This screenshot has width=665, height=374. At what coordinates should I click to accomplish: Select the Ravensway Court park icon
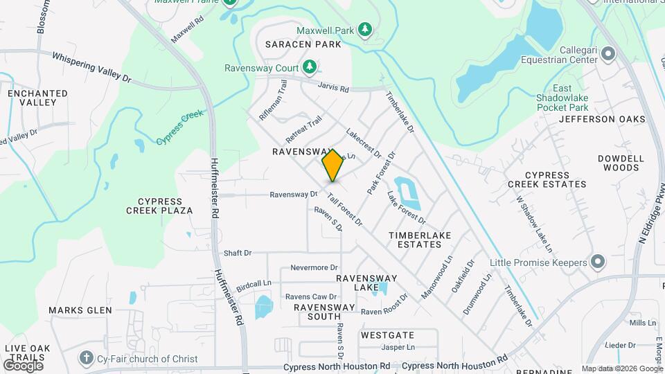311,67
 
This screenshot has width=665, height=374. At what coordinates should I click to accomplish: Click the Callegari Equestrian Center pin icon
609,53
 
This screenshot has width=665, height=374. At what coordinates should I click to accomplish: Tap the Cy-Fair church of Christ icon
85,358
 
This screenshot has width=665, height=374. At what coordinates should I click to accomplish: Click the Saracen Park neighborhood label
303,44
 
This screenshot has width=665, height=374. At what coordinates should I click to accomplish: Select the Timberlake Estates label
420,240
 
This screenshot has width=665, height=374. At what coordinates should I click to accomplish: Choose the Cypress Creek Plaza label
159,205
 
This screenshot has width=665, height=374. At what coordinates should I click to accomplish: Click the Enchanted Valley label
37,98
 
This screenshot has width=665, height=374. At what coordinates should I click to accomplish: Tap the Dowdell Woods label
621,163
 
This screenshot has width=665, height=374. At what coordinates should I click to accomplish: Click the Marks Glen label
80,310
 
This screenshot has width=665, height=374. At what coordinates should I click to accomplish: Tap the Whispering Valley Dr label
91,68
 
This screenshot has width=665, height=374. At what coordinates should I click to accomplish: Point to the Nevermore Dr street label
314,267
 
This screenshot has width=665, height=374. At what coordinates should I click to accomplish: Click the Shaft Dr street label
238,253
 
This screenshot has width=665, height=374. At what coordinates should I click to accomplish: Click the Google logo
24,365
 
